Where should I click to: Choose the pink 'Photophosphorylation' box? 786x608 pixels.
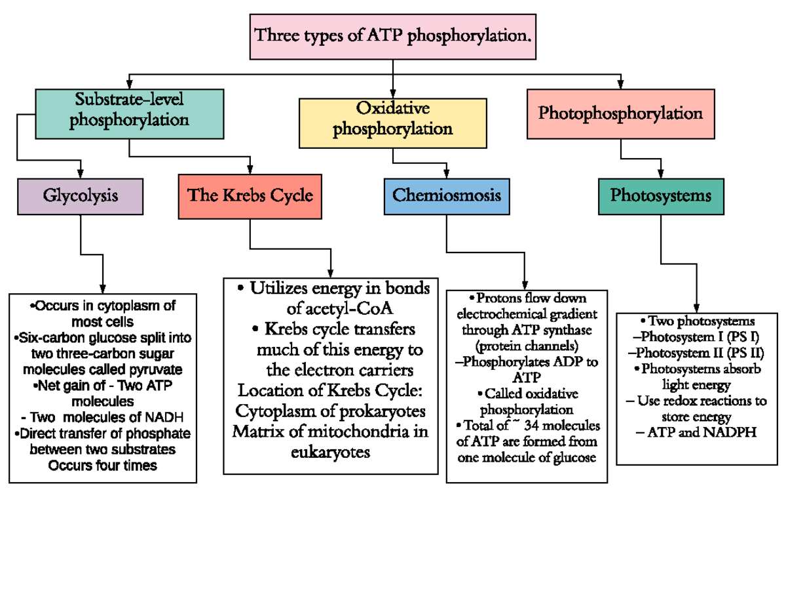(x=620, y=113)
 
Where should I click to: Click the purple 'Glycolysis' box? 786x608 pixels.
(x=81, y=195)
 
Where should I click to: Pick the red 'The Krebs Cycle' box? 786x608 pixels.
(x=250, y=195)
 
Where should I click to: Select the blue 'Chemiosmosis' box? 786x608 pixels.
(x=446, y=195)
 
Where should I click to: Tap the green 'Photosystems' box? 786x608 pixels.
(x=661, y=195)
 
